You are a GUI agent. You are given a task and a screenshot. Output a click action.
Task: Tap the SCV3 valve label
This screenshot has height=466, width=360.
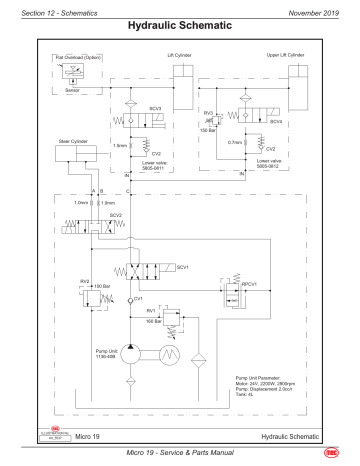[x=154, y=108]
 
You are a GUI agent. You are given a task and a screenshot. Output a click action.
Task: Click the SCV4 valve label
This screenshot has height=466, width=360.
[x=276, y=120]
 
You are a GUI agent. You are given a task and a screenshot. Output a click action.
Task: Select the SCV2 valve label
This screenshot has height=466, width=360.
[x=88, y=214]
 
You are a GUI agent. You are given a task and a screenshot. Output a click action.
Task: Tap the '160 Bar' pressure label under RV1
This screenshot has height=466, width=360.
[x=153, y=321]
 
